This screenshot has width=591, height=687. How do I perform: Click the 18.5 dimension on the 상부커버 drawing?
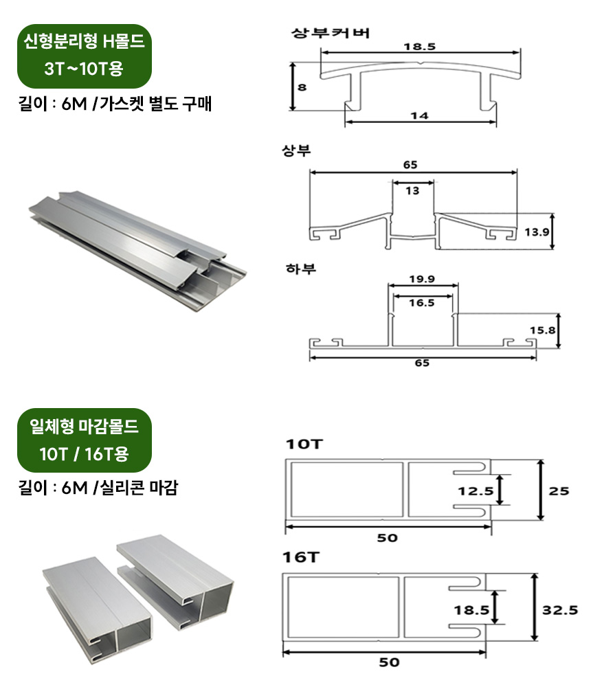coord(420,47)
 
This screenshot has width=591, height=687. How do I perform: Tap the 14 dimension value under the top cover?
coord(419,115)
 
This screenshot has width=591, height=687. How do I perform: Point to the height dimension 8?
coord(302,88)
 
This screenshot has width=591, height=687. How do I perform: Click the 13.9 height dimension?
coord(537,232)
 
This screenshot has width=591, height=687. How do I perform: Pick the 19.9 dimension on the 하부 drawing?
coord(422,279)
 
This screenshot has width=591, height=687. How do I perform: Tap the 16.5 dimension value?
coord(421,302)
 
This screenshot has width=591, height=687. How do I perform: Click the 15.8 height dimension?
coord(542,330)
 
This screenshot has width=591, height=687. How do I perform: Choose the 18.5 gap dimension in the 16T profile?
coord(471,609)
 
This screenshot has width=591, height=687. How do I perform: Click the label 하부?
coord(300,269)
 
